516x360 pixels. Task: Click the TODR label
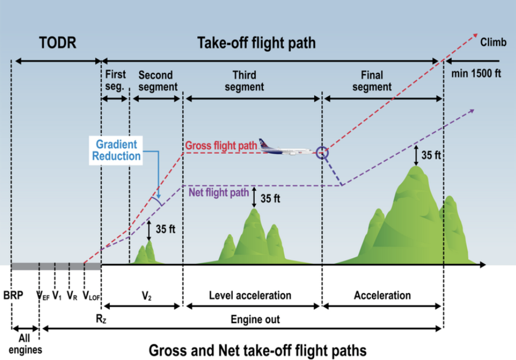[57, 43]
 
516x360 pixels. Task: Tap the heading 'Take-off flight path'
[256, 42]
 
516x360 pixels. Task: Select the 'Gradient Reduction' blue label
[117, 150]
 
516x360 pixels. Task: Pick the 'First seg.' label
[115, 79]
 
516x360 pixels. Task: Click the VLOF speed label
[92, 296]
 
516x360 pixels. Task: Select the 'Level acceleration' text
[251, 295]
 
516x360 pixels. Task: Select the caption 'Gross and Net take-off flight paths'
[257, 350]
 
